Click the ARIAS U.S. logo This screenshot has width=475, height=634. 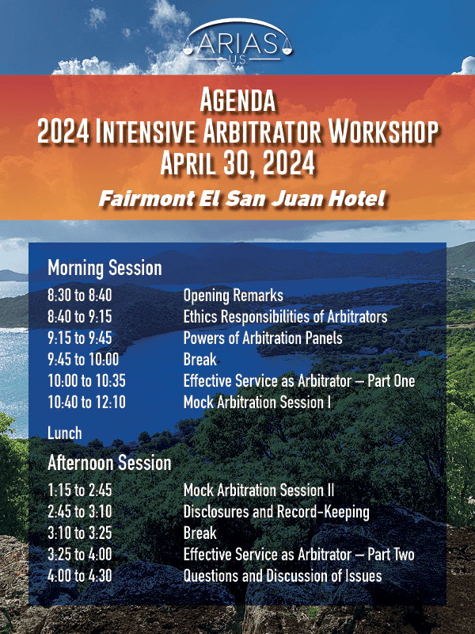click(237, 41)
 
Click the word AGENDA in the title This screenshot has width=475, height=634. click(237, 101)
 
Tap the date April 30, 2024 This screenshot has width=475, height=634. click(237, 162)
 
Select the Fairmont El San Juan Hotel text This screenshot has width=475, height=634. click(241, 199)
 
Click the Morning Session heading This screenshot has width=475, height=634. click(104, 268)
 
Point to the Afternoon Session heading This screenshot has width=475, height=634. click(109, 463)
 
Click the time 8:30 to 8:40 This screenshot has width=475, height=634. click(80, 295)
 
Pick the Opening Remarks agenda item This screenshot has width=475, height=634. click(233, 295)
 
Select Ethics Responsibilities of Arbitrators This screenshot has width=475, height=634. click(285, 317)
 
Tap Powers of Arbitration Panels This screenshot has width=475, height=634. click(263, 338)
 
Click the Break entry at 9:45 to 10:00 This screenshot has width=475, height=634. click(200, 360)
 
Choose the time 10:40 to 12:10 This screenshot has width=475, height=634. click(86, 403)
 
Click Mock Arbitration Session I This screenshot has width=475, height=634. click(256, 403)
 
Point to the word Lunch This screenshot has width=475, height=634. click(65, 433)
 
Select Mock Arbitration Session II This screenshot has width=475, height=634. click(259, 490)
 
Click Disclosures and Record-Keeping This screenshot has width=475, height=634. click(276, 512)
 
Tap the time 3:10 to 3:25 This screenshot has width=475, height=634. click(80, 533)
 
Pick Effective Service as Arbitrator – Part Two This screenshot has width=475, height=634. click(299, 554)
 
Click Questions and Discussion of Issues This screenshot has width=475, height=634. click(283, 576)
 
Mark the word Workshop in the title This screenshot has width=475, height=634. click(383, 132)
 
